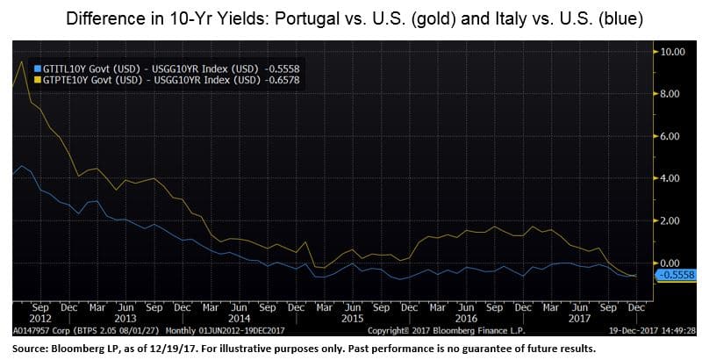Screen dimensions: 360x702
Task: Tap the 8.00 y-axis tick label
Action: pos(671,94)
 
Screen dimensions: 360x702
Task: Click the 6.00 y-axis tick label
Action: pos(671,136)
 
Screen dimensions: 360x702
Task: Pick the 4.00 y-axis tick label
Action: pos(671,178)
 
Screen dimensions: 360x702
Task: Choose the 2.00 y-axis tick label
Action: pos(671,220)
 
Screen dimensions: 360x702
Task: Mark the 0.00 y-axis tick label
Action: pos(671,263)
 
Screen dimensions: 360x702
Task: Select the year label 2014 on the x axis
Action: pos(238,320)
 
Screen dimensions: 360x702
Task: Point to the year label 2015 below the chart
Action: pos(351,320)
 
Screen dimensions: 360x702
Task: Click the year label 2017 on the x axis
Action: pos(577,320)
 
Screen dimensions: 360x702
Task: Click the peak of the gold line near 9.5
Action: pos(21,61)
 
